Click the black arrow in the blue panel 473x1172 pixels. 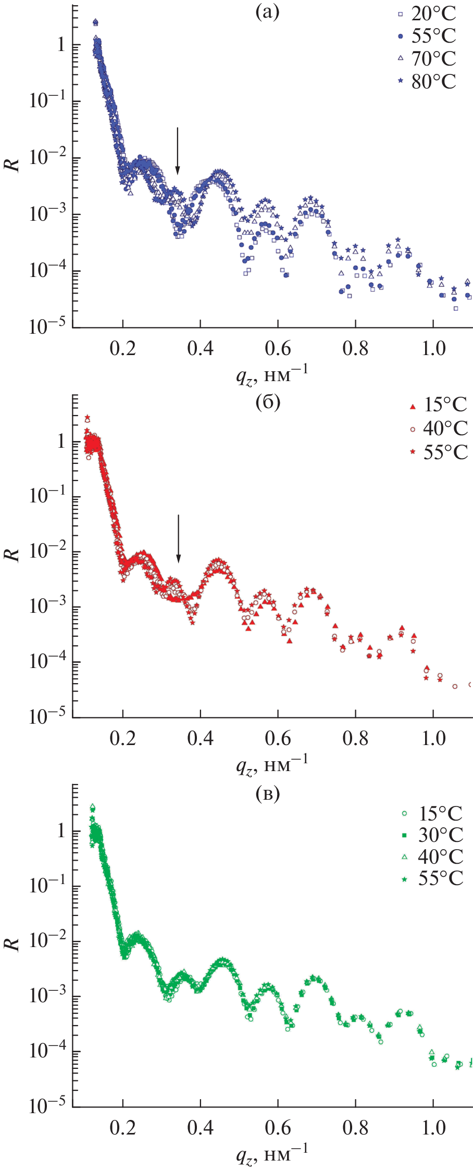178,151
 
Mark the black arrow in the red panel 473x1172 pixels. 179,539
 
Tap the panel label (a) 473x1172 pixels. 268,11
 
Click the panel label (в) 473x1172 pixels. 268,793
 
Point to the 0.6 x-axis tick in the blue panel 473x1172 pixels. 278,348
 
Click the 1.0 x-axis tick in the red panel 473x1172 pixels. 433,738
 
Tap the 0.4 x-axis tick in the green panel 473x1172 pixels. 200,1128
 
